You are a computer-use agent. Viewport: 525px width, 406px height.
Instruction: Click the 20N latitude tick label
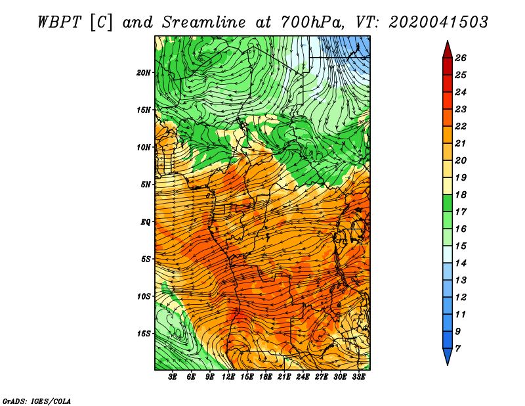point(144,73)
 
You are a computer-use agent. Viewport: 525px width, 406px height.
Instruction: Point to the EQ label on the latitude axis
point(146,222)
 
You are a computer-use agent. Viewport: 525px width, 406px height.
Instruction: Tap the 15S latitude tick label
point(144,334)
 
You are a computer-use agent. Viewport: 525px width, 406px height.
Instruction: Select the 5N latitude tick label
point(146,185)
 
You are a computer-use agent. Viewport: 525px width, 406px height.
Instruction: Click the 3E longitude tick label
point(173,377)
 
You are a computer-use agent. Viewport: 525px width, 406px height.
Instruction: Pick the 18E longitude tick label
point(266,377)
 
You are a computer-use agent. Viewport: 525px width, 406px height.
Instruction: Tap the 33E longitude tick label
point(358,377)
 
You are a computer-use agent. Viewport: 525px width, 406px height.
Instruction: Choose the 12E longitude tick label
point(228,377)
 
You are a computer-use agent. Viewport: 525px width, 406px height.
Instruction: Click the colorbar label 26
point(461,58)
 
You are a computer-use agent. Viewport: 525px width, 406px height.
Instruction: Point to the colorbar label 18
point(461,194)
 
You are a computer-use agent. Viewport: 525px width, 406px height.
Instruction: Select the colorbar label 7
point(457,349)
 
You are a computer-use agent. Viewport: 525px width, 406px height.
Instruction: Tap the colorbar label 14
point(461,263)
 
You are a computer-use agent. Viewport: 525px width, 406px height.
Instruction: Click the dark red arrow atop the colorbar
point(448,50)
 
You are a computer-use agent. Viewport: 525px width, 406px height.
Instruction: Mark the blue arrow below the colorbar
point(448,357)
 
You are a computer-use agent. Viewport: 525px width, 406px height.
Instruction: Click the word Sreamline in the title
point(204,22)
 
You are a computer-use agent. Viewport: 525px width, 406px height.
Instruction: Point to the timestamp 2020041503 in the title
point(438,22)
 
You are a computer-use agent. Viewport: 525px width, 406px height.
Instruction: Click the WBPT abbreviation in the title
point(59,22)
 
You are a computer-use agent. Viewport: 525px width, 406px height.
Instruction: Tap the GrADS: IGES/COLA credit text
point(37,401)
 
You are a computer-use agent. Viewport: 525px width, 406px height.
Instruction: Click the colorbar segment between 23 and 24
point(448,101)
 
